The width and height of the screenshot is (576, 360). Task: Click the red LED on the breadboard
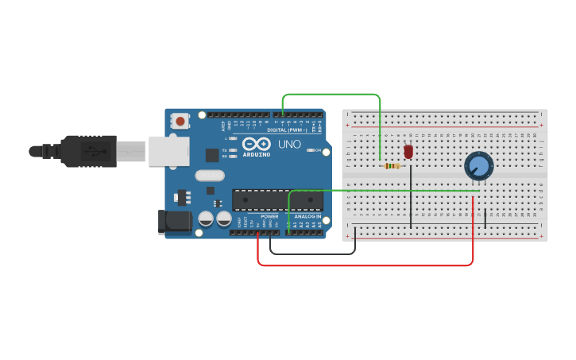click(x=408, y=151)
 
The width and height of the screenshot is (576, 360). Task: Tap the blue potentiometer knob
click(x=478, y=166)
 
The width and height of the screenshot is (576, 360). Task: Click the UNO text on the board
click(x=288, y=145)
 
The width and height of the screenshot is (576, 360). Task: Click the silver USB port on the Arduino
click(x=168, y=151)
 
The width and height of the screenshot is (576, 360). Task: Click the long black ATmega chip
click(x=277, y=200)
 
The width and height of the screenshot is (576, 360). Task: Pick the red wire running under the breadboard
click(x=365, y=265)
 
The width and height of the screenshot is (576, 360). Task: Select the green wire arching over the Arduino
click(x=332, y=94)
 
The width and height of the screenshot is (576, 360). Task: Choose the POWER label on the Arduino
click(x=270, y=216)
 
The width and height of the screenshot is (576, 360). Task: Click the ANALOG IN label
click(x=307, y=216)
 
